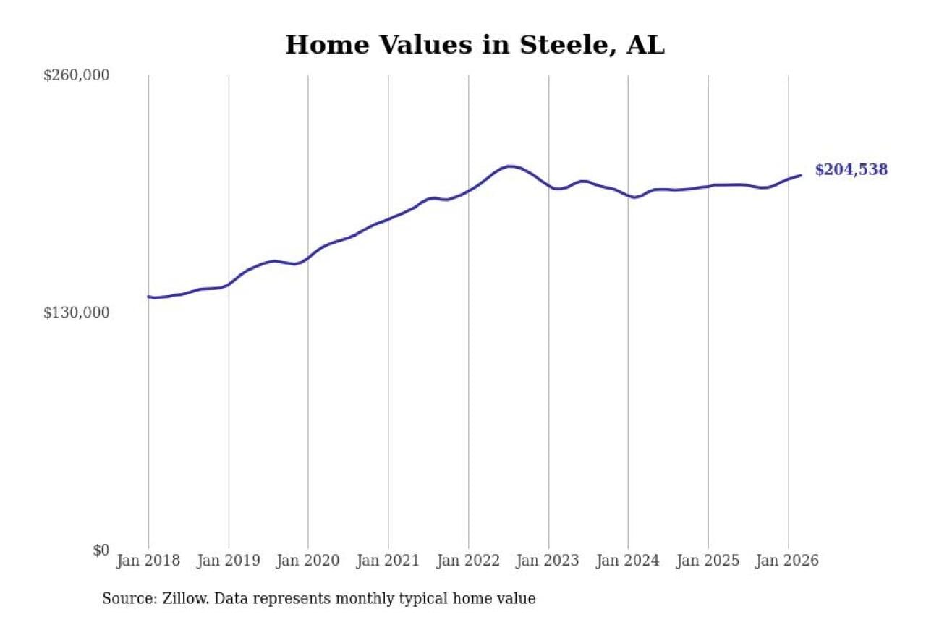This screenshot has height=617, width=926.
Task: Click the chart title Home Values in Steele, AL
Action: pos(475,45)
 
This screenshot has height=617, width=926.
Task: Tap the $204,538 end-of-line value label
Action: pos(851,170)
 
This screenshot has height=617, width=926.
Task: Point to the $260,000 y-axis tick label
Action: pos(77,75)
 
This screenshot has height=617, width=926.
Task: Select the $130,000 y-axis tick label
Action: pos(77,312)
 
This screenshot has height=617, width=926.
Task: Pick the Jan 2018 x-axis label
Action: pos(148,561)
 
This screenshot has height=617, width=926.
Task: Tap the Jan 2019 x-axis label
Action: pos(229,561)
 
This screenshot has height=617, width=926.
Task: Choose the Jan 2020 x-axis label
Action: pos(308,561)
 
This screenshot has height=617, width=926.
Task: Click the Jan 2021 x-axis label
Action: pos(388,561)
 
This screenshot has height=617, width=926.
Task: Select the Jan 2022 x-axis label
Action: pos(468,561)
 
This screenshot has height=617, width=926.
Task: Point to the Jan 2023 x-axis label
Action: pos(548,561)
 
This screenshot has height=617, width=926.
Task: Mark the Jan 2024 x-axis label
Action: pos(628,561)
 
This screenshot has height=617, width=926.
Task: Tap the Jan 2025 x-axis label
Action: pos(708,561)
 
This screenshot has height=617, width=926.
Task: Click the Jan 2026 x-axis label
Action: pos(788,561)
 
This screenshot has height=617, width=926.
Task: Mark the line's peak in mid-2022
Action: pos(510,166)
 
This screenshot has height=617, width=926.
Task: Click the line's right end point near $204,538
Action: pos(800,175)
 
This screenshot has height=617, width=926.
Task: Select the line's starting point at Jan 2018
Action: pos(149,297)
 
